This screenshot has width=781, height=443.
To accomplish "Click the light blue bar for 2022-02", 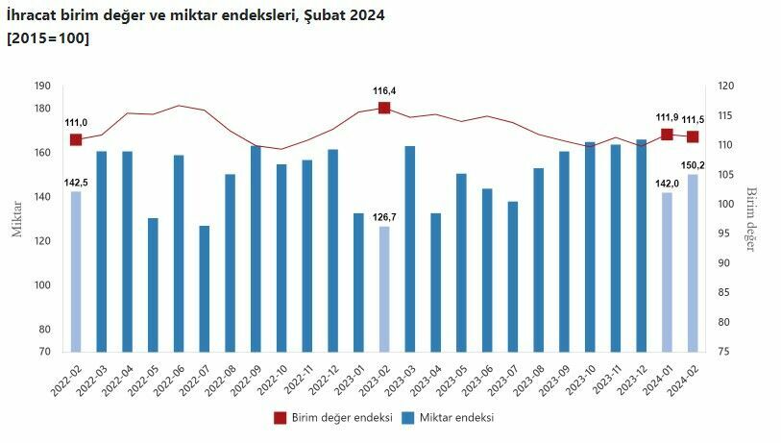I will pyautogui.click(x=76, y=271).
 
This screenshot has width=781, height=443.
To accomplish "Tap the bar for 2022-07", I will pyautogui.click(x=205, y=288).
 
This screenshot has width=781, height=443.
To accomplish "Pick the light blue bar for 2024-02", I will pyautogui.click(x=693, y=262).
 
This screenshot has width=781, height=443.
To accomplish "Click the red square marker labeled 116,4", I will pyautogui.click(x=384, y=108).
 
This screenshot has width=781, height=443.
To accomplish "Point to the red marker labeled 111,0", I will pyautogui.click(x=76, y=140).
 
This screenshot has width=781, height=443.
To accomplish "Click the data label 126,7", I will pyautogui.click(x=383, y=216).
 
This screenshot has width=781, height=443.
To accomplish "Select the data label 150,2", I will pyautogui.click(x=694, y=164).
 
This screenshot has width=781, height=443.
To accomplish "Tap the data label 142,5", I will pyautogui.click(x=76, y=182).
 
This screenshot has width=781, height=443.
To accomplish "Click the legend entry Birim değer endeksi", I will pyautogui.click(x=332, y=418).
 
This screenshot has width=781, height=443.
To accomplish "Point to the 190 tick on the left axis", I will pyautogui.click(x=41, y=86).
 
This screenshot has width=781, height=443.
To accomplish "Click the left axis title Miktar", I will pyautogui.click(x=16, y=219).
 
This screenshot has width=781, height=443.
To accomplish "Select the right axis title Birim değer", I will pyautogui.click(x=752, y=219).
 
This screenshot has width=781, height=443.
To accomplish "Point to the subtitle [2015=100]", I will pyautogui.click(x=48, y=38).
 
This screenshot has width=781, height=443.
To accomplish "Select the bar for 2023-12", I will pyautogui.click(x=641, y=245).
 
